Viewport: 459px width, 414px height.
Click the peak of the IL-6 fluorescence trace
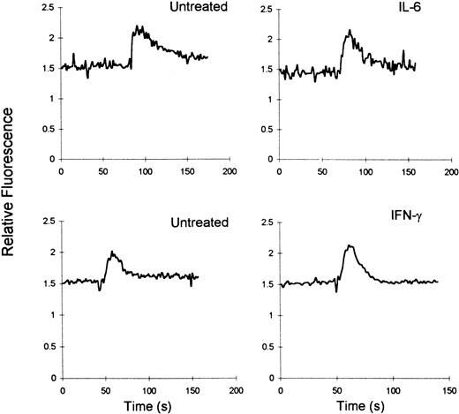click(x=350, y=31)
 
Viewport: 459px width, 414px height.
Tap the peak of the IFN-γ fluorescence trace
click(x=350, y=245)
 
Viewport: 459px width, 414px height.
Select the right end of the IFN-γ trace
click(x=438, y=282)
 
